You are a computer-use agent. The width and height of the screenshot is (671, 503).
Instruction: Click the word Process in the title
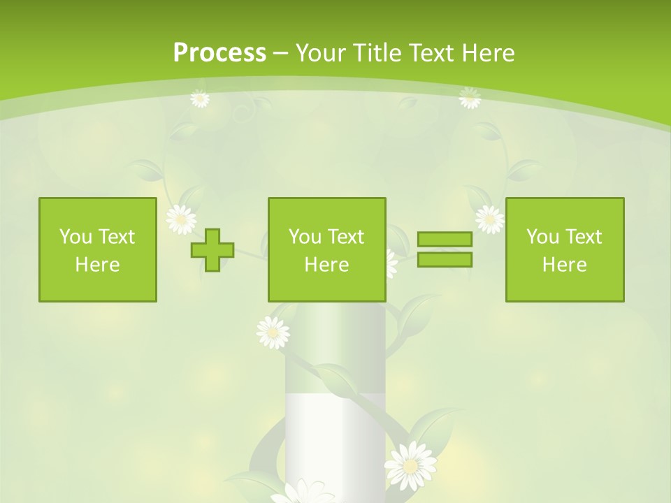click(x=219, y=52)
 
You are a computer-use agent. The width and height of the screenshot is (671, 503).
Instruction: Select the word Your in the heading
click(x=322, y=52)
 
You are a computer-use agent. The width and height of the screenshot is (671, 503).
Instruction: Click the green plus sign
click(x=212, y=250)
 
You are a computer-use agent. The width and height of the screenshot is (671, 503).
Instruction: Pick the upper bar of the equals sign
click(x=445, y=240)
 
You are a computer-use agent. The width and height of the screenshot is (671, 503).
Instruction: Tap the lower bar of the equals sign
click(x=445, y=259)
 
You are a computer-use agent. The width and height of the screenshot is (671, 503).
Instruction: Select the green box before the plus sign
click(x=98, y=249)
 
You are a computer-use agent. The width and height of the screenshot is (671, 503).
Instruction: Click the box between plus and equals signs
click(x=326, y=249)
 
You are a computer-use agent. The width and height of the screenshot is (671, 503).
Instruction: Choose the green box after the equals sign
click(x=565, y=249)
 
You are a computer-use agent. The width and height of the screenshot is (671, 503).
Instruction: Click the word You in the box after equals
click(x=543, y=237)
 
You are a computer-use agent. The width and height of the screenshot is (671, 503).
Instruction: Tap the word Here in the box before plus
click(x=98, y=264)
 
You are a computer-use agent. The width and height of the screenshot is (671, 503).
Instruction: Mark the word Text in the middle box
click(x=346, y=237)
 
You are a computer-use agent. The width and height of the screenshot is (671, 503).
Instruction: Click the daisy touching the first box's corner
click(x=181, y=219)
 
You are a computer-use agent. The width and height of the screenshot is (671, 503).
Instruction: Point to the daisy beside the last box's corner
click(x=489, y=219)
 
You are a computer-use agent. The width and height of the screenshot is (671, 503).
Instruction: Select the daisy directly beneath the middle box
click(x=273, y=333)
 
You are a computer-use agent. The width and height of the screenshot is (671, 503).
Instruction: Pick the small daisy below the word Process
click(x=200, y=99)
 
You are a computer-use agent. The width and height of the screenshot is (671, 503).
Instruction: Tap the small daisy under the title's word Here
click(x=470, y=99)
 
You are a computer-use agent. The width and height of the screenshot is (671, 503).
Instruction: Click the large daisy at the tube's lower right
click(x=411, y=465)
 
